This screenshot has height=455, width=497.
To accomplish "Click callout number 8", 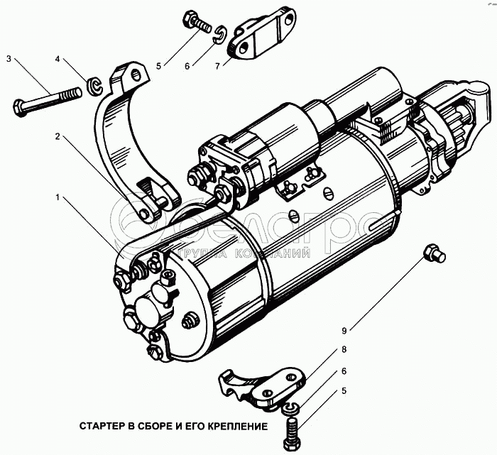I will (344, 350).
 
